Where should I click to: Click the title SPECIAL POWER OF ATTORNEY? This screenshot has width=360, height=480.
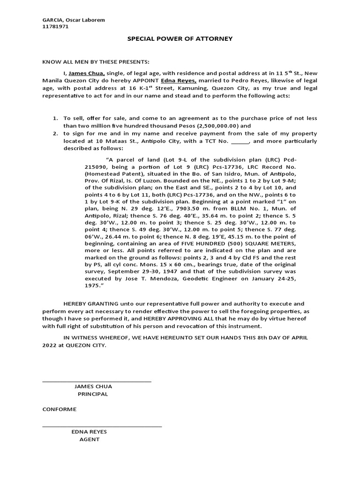click(x=180, y=38)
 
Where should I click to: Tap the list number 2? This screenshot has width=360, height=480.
click(x=55, y=134)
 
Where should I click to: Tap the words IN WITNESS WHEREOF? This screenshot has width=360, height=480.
click(x=91, y=337)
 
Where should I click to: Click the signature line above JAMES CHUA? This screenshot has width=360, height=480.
click(x=97, y=381)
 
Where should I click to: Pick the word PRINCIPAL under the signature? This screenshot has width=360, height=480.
click(x=93, y=394)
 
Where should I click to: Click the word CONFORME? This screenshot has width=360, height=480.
click(x=59, y=409)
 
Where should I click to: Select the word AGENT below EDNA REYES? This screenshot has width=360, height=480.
click(x=89, y=439)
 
